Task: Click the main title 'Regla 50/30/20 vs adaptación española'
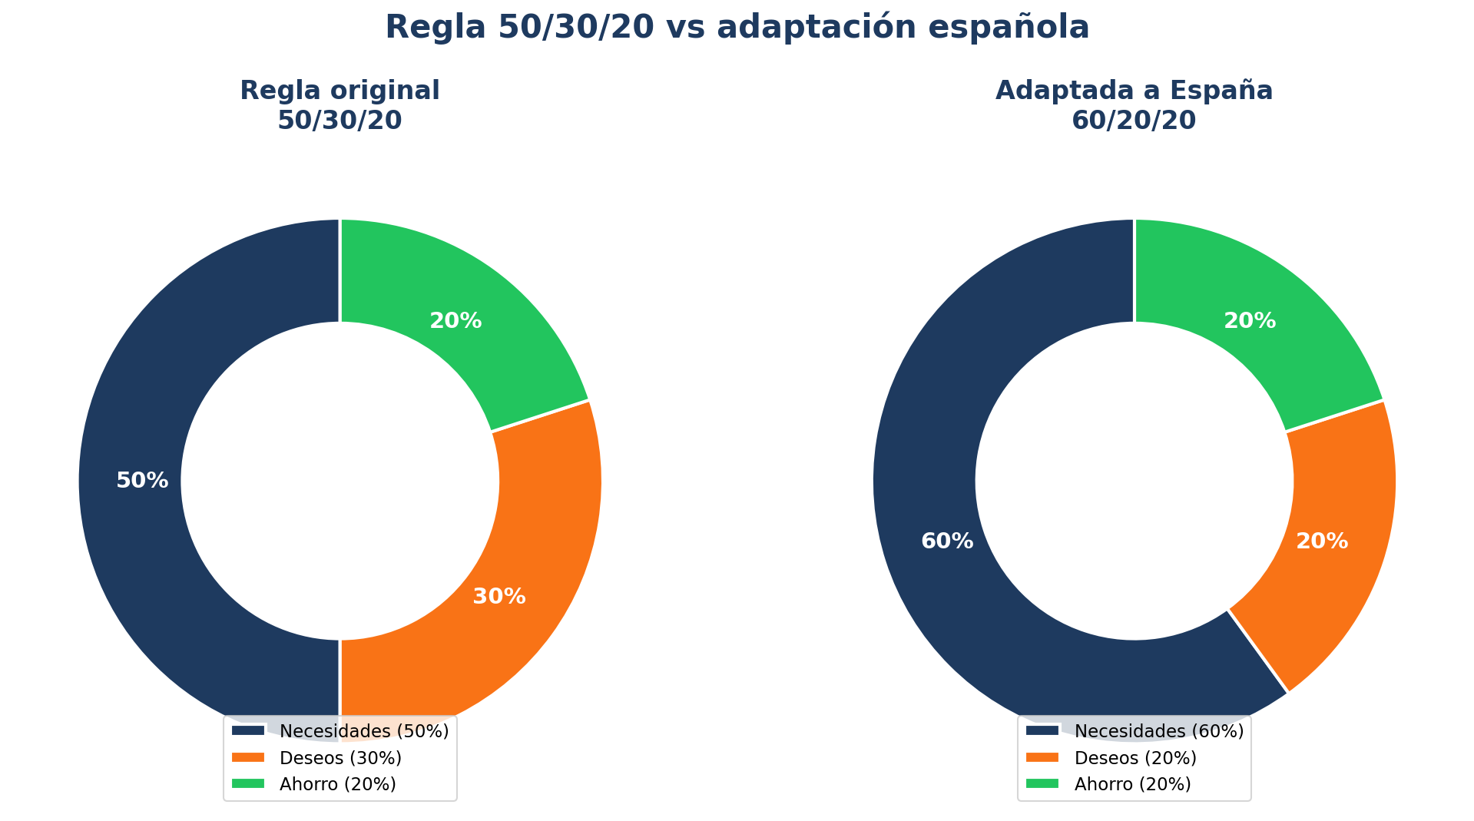tap(737, 28)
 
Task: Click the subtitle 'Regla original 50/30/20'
tap(340, 105)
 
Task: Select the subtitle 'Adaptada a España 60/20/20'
tap(1134, 105)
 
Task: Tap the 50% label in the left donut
tap(142, 481)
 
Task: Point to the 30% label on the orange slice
tap(499, 597)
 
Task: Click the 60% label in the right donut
tap(947, 541)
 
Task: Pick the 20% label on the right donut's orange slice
tap(1322, 541)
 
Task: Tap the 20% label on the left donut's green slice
tap(455, 321)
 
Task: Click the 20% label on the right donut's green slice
tap(1250, 321)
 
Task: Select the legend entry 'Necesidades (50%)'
tap(363, 731)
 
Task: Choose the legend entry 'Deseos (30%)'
tap(340, 758)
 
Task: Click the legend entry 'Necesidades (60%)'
tap(1158, 731)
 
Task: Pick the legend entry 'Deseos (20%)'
tap(1135, 758)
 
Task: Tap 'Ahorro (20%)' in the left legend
tap(337, 784)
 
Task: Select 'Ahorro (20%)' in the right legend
tap(1132, 784)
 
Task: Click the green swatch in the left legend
tap(248, 783)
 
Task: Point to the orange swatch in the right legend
tap(1042, 757)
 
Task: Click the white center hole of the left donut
tap(340, 481)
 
